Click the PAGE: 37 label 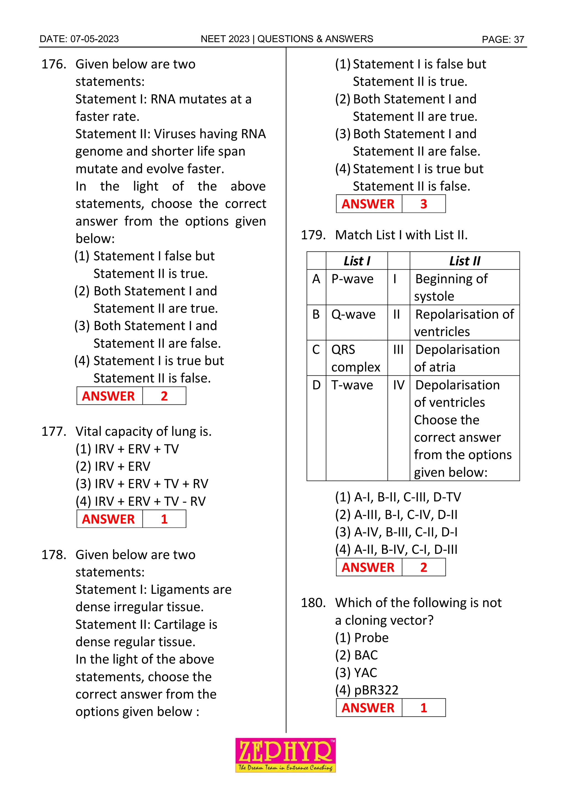tap(503, 39)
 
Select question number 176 tap(54, 64)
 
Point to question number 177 tap(54, 431)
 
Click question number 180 tap(313, 603)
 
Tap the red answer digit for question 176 tap(164, 396)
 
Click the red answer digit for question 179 tap(424, 567)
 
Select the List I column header tap(357, 261)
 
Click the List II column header tap(464, 261)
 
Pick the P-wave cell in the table tap(352, 279)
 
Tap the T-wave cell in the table tap(352, 385)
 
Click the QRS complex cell tap(355, 358)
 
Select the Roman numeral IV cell tap(398, 385)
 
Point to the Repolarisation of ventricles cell tap(464, 323)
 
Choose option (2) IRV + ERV tap(113, 466)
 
